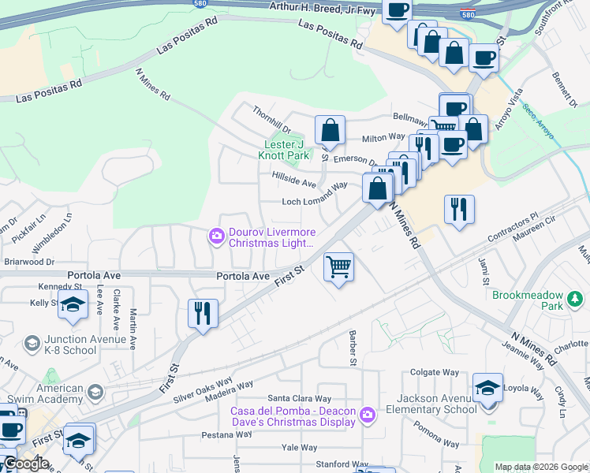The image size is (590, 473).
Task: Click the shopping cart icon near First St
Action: [338, 266]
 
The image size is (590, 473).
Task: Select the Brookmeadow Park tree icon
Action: [575, 298]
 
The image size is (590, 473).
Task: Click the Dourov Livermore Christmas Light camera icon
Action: [216, 236]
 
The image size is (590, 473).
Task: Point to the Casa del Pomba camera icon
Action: [366, 415]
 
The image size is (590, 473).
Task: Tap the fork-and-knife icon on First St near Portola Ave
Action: [203, 313]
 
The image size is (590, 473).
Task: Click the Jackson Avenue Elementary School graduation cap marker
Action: [488, 388]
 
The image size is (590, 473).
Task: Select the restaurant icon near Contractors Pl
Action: [459, 209]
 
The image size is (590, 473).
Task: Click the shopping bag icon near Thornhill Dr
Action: [330, 130]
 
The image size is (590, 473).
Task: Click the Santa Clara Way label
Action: [300, 399]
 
